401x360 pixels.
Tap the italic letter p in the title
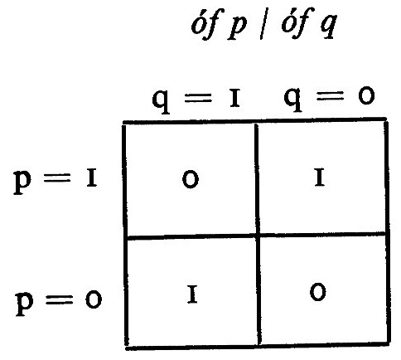pos(237,29)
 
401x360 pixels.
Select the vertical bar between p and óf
pos(262,26)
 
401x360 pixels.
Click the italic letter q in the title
pos(328,28)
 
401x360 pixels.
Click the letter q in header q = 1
pos(161,101)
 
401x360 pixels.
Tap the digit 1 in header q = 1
pos(234,99)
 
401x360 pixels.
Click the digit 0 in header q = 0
pos(366,95)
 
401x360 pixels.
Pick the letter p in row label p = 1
pos(22,182)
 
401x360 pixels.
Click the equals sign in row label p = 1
pos(57,178)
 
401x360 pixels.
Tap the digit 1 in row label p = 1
pos(91,179)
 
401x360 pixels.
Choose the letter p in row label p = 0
pos(25,304)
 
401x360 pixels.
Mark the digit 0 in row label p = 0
pos(94,299)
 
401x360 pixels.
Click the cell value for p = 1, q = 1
pos(191,179)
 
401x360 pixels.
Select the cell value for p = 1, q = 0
pos(320,178)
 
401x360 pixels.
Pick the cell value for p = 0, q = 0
pos(318,292)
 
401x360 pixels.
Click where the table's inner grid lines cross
pos(258,236)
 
